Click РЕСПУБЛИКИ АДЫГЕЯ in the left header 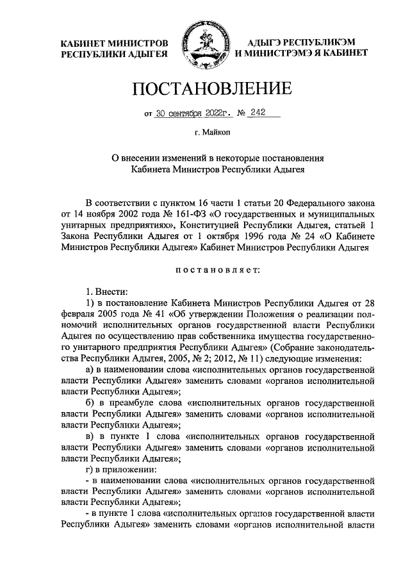tap(113, 54)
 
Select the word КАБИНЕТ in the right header tap(345, 54)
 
